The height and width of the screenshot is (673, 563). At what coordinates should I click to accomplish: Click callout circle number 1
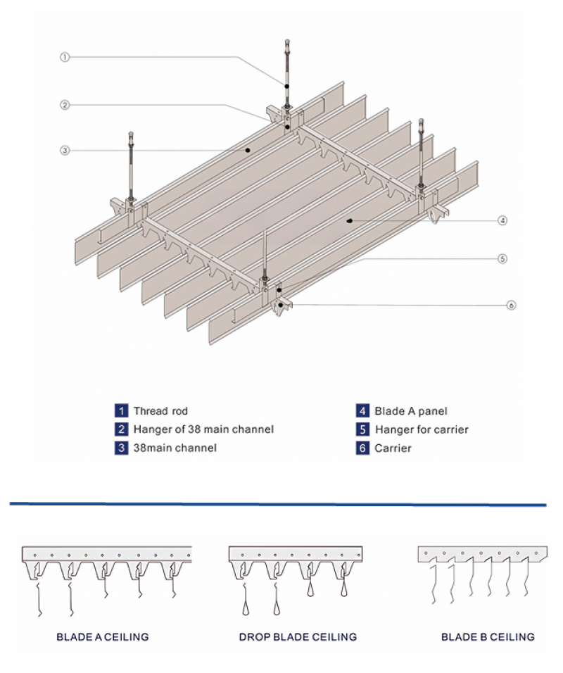click(64, 57)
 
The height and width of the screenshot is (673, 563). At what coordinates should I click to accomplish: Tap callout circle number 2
click(64, 105)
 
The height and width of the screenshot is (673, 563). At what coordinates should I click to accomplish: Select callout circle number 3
click(64, 150)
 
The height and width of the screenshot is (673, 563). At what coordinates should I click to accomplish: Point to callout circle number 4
click(502, 220)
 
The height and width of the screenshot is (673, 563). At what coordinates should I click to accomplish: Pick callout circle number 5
click(502, 258)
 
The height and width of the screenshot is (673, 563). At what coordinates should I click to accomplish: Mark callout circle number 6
click(512, 305)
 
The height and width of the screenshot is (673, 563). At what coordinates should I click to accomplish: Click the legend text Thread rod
click(160, 411)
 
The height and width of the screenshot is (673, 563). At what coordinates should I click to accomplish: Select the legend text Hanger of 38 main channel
click(203, 429)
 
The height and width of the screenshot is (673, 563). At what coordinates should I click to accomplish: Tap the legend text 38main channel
click(175, 447)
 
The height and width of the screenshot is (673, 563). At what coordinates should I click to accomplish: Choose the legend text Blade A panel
click(410, 411)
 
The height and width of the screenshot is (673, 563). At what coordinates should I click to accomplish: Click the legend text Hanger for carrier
click(422, 429)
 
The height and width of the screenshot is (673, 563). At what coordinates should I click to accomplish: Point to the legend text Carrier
click(393, 448)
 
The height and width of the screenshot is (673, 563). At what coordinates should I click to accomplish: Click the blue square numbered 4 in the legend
click(362, 411)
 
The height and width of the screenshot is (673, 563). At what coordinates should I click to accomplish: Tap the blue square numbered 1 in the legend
click(122, 411)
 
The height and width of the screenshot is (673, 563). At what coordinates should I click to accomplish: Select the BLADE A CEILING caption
click(103, 637)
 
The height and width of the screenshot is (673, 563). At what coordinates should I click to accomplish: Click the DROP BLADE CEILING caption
click(298, 637)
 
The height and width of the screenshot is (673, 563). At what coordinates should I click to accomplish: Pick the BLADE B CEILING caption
click(488, 637)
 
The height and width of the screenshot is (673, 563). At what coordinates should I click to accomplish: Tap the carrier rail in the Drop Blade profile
click(296, 553)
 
